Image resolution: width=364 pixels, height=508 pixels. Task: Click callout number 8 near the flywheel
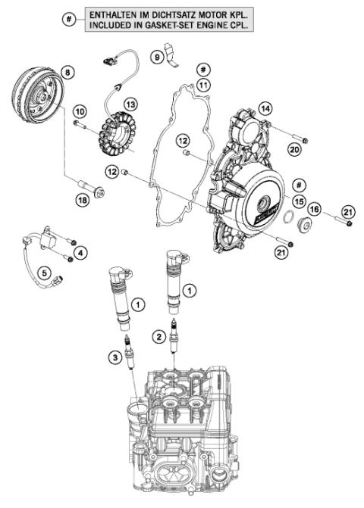[x=68, y=72]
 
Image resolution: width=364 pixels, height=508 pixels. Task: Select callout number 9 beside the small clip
[x=158, y=56]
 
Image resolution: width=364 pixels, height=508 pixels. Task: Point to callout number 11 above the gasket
[x=202, y=85]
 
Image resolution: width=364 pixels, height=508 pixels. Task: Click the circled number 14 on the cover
[x=265, y=108]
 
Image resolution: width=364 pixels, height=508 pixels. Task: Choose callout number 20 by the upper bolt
[x=294, y=150]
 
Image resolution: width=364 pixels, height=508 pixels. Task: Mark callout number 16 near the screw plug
[x=313, y=208]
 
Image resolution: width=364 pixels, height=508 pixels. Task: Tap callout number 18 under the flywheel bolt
[x=83, y=198]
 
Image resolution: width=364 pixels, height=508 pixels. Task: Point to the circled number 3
[x=113, y=356]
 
